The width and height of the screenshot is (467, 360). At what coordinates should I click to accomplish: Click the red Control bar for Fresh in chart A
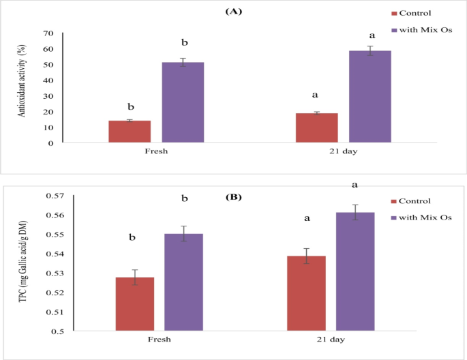click(x=130, y=132)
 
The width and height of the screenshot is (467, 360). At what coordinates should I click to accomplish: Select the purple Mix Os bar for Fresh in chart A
click(x=183, y=102)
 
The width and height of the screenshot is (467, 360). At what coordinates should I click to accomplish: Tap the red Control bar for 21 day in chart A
click(x=317, y=128)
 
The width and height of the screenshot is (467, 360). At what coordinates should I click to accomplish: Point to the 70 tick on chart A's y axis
click(x=48, y=33)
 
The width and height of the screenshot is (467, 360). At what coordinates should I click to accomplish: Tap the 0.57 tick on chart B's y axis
click(x=55, y=196)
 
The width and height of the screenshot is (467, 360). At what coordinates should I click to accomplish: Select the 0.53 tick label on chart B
click(x=55, y=274)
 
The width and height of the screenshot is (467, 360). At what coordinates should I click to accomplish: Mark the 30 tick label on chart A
click(x=48, y=96)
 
